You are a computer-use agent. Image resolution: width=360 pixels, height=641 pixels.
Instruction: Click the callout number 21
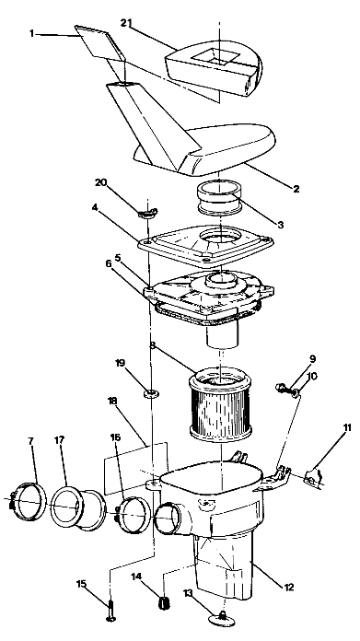coord(127,23)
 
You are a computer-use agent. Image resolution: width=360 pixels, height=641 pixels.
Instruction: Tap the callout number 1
coord(32,33)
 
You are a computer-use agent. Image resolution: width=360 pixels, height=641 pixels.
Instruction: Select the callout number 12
coord(288,588)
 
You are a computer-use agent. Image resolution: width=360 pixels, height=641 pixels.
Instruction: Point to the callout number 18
coord(111,401)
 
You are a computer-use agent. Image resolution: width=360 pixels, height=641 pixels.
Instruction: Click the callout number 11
coord(347,427)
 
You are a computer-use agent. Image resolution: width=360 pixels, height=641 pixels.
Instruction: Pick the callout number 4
coord(95,207)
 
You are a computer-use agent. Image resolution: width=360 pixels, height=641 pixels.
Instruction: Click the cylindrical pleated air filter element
coord(220,402)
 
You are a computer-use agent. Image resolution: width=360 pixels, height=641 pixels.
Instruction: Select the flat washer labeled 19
coord(151,393)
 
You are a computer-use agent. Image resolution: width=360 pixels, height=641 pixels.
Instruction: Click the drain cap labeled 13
coord(222,619)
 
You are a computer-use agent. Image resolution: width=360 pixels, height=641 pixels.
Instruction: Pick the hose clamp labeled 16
coord(131,514)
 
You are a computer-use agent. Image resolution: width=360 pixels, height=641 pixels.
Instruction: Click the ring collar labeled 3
coord(219,197)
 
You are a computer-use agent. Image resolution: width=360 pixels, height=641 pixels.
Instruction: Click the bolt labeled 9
coord(282,387)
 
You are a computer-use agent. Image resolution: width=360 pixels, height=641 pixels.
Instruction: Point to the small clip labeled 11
coord(315,476)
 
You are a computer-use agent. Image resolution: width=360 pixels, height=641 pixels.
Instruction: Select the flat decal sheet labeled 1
coord(99,41)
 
